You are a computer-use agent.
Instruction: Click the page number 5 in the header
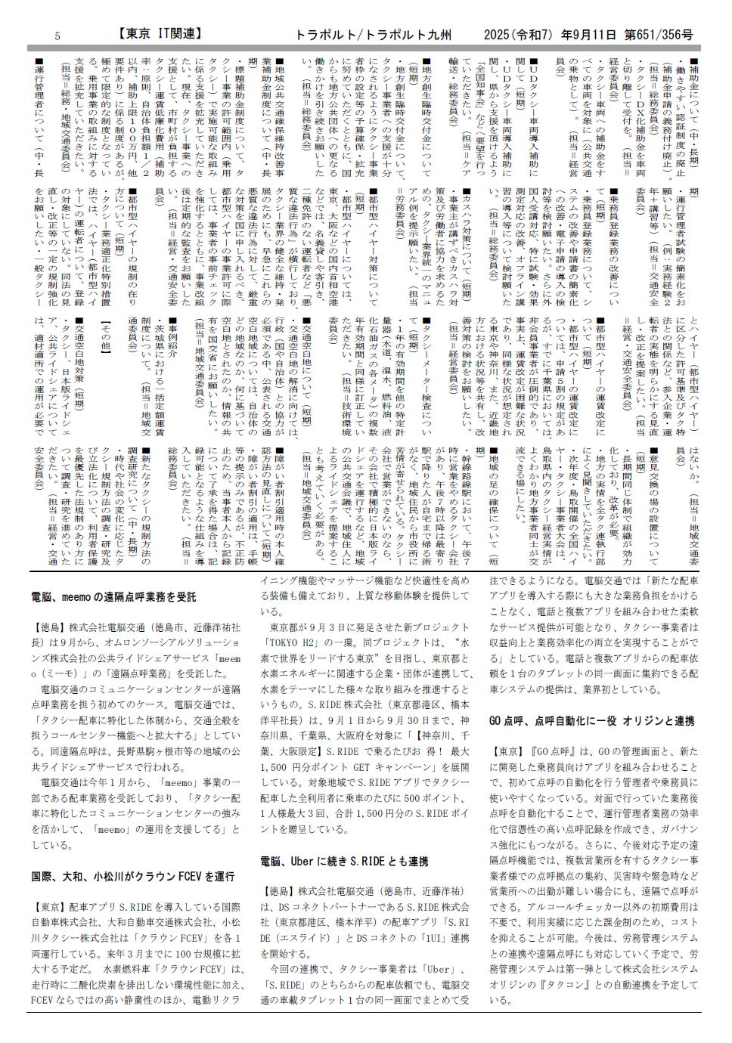coord(57,36)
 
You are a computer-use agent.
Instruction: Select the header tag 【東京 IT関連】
coord(160,34)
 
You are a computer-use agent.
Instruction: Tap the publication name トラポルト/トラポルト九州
coord(374,35)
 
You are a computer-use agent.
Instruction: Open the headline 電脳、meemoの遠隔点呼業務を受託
coord(113,597)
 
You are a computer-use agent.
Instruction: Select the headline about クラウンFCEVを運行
coord(133,877)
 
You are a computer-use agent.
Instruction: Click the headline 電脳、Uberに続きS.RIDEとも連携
coord(344,861)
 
